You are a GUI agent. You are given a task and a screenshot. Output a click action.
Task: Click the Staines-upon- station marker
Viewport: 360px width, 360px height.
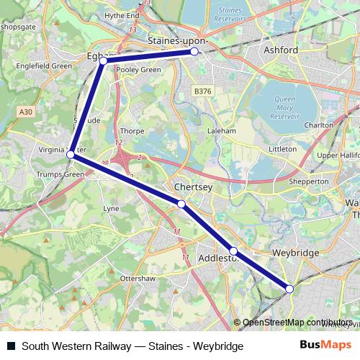[x=194, y=52]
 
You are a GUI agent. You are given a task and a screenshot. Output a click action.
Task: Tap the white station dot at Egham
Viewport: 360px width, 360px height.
[x=103, y=61]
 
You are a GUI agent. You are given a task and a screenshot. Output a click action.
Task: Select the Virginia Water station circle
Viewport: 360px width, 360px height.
[x=71, y=155]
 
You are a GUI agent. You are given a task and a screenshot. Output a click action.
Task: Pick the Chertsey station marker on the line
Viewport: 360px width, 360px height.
[x=181, y=204]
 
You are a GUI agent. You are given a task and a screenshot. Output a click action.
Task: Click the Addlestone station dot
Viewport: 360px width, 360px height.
[x=233, y=251]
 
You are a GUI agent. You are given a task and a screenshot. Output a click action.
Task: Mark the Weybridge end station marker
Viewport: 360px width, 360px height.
[x=289, y=289]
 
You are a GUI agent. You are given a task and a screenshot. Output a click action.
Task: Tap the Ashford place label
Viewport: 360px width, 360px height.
[x=282, y=50]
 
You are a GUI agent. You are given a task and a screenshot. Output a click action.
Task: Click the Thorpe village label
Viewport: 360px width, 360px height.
[x=132, y=132]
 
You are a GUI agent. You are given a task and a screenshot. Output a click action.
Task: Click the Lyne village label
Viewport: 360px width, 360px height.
[x=112, y=208]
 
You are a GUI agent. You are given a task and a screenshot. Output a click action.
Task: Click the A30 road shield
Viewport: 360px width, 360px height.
[x=27, y=112]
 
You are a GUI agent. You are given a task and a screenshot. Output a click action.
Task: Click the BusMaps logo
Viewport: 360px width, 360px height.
[x=326, y=346]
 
